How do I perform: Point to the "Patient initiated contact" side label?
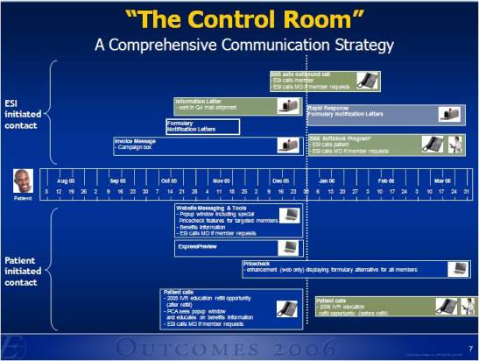pos(21,271)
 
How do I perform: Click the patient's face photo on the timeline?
pos(23,182)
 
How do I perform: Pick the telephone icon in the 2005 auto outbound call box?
pos(367,81)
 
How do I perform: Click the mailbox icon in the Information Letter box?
pos(288,106)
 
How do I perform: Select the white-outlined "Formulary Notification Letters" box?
pos(202,126)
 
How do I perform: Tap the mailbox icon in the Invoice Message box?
pos(288,145)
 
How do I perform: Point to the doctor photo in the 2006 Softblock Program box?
pos(456,145)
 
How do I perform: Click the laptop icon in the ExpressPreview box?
pos(288,248)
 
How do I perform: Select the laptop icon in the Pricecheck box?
pos(457,269)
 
